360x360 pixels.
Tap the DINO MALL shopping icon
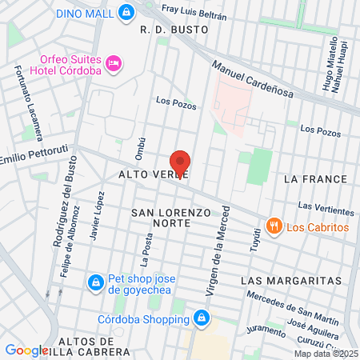coord(126,13)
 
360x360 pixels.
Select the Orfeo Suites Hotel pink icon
coord(114,62)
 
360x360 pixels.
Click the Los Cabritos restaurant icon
coord(274,226)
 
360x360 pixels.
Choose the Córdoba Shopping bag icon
coord(201,319)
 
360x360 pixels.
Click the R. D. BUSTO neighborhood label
coord(174,29)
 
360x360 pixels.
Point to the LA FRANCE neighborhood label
coord(313,180)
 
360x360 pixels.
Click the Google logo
coord(26,350)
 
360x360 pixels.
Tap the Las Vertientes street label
coord(326,209)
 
